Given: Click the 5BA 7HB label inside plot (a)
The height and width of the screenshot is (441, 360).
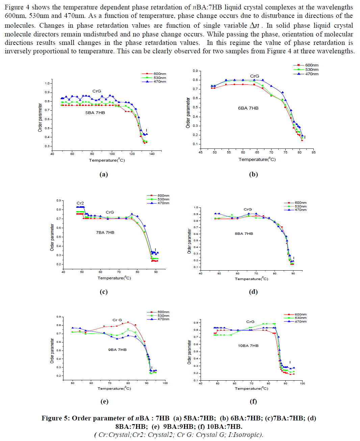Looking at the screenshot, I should [x=95, y=113].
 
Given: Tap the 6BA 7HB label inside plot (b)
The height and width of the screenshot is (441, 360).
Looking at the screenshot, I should [x=248, y=108].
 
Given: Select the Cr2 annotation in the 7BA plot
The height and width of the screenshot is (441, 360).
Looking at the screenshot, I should [x=80, y=203].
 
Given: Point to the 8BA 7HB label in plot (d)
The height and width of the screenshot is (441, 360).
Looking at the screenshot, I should [x=244, y=233].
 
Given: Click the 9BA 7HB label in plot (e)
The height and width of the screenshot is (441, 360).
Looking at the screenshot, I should [x=117, y=350].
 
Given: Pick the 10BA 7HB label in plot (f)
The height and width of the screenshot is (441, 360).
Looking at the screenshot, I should [x=248, y=346].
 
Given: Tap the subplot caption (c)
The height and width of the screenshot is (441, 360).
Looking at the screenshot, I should [x=104, y=292].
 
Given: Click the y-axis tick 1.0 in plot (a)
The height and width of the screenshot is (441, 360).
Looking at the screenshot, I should [x=47, y=83].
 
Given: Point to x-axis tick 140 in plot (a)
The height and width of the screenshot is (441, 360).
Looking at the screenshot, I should [x=152, y=154].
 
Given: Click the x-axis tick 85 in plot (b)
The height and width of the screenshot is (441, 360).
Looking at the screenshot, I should [x=313, y=153].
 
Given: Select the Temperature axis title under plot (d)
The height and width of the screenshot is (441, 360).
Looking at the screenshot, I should [x=251, y=279].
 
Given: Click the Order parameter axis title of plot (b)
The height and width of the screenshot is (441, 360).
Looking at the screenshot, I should [x=188, y=113].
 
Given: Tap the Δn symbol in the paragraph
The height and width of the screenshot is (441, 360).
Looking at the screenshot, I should [x=254, y=25].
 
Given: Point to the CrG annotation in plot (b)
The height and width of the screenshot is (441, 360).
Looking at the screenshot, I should [x=254, y=76].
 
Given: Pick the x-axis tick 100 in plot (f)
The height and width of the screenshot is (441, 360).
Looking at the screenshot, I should [x=302, y=383].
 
